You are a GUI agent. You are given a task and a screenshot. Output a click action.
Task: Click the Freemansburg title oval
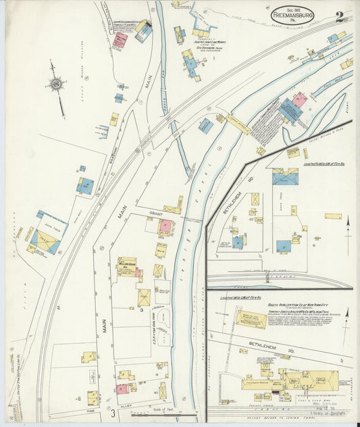point(292,14)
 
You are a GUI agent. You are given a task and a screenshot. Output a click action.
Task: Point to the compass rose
point(55,84)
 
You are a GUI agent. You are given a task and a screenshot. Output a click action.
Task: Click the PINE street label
point(90,410)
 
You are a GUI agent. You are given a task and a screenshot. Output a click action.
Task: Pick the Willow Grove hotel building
point(127,267)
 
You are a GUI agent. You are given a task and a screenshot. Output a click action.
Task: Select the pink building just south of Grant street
point(165,226)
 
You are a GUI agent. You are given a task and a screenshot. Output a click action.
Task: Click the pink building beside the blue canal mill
point(300,100)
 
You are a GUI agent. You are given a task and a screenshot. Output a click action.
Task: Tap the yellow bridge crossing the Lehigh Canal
point(238,124)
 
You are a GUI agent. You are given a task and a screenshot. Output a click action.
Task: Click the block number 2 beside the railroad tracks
point(59,308)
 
